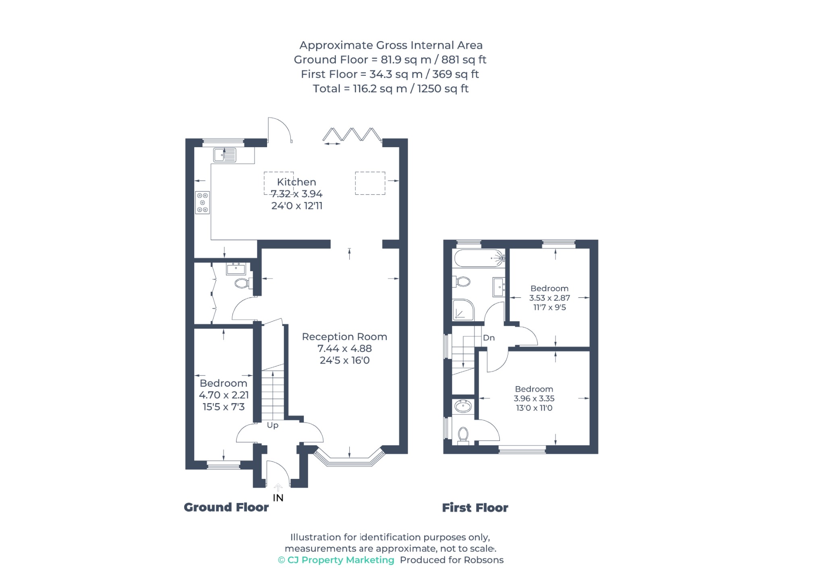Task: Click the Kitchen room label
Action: coord(296,182)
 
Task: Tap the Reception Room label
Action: coord(344,337)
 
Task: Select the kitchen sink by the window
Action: coord(225,155)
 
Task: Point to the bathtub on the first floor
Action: coord(479,258)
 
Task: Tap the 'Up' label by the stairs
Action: coord(273,425)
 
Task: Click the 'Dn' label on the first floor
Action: coord(489,338)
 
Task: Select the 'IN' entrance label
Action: coord(278,498)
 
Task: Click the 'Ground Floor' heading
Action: coord(226,507)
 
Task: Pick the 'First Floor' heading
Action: coord(475,507)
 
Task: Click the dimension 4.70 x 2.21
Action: coord(224,395)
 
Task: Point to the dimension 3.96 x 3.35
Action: coord(534,398)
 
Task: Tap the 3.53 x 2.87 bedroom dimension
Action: coord(549,298)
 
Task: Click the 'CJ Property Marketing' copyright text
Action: coord(336,560)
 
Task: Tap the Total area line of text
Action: coord(391,89)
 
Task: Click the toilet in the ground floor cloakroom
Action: coord(243,283)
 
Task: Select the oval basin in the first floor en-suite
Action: coord(463,406)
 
